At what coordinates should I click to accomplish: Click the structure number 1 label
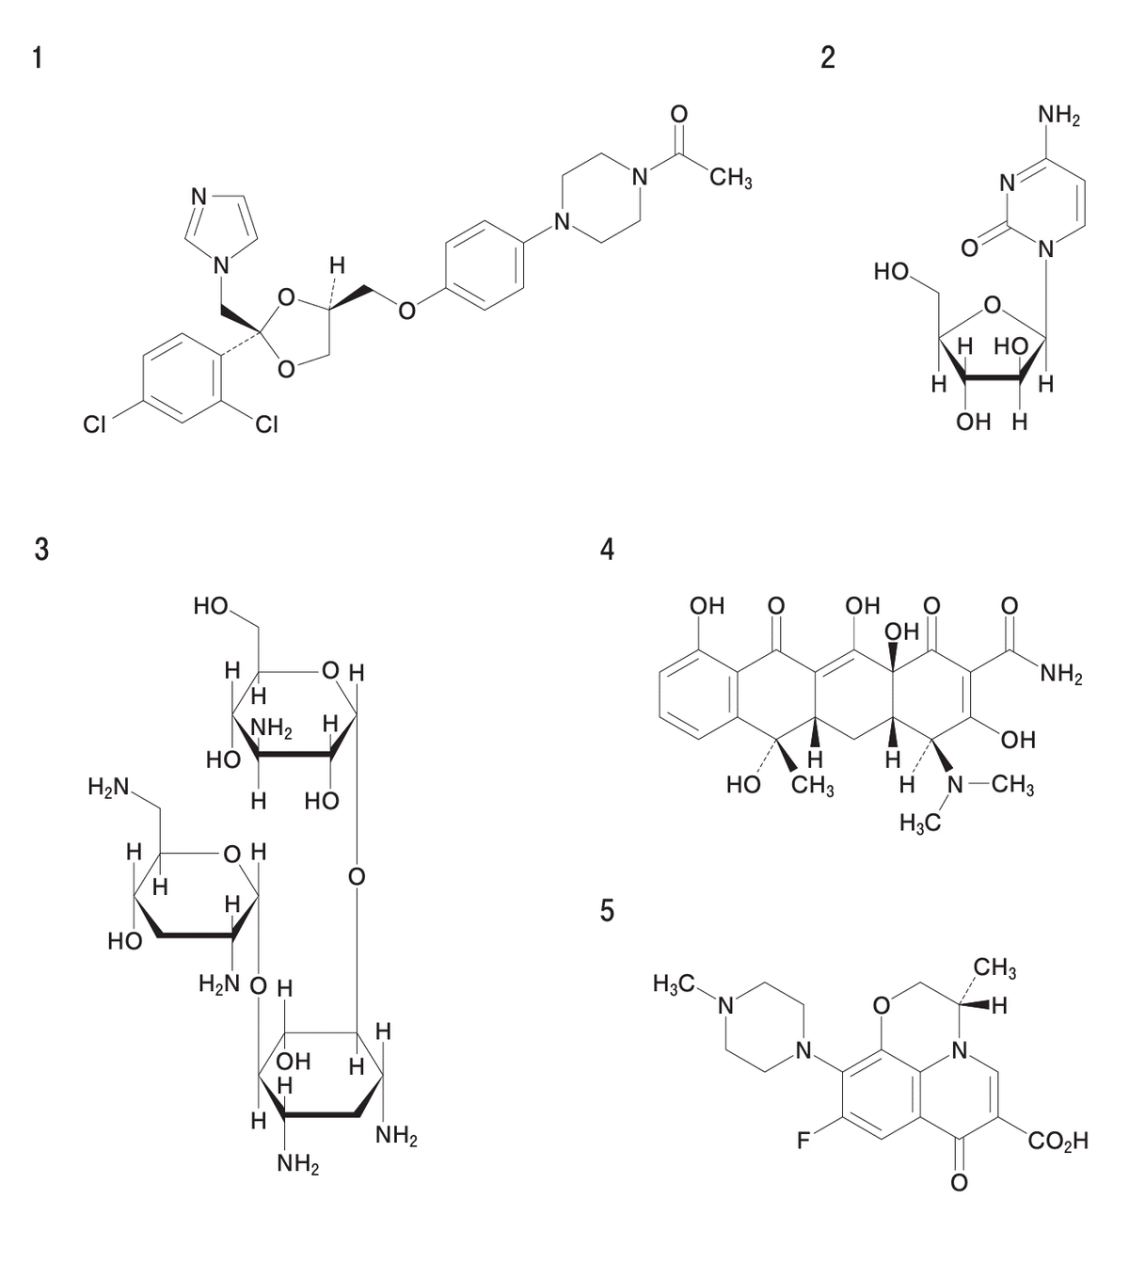coord(38,57)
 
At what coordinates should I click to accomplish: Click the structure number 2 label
coord(827,57)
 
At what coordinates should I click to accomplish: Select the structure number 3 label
coord(41,550)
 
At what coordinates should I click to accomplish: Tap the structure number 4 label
coord(607,550)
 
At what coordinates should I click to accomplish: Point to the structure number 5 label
coord(607,911)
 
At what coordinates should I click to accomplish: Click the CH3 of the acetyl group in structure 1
coord(731,179)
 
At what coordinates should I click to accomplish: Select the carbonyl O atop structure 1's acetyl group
coord(679,114)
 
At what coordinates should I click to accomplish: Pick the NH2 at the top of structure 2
coord(1059,116)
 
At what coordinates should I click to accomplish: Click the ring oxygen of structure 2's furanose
coord(992,306)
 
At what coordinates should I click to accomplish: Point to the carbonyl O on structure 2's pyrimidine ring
coord(969,248)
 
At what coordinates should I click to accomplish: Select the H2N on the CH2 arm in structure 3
coord(108,788)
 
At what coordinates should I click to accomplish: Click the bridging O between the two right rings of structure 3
coord(357,877)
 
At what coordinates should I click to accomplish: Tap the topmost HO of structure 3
coord(211,605)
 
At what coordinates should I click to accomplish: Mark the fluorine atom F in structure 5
coord(803,1141)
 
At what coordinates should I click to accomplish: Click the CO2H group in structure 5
coord(1057,1142)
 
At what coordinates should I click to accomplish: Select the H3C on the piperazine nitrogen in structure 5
coord(674,983)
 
